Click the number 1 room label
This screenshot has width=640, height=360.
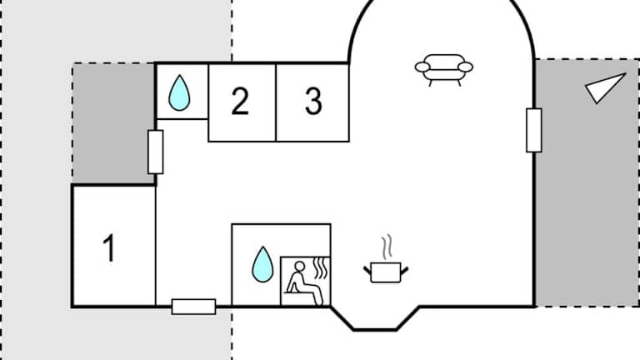point(108,248)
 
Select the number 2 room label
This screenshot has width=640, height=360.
point(240,102)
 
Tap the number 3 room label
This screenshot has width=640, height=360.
point(313,102)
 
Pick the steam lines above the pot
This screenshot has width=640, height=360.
point(385,247)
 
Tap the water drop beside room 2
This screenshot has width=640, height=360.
point(179,93)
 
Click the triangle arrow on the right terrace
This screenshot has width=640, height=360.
point(603,87)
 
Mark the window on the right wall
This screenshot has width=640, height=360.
point(533,131)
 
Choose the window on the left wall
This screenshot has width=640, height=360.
point(155,152)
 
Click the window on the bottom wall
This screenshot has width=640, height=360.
point(193,307)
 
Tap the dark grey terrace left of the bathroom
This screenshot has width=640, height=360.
point(112,122)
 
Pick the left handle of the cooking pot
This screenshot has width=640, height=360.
point(367,268)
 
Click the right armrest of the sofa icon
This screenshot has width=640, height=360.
point(465,67)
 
